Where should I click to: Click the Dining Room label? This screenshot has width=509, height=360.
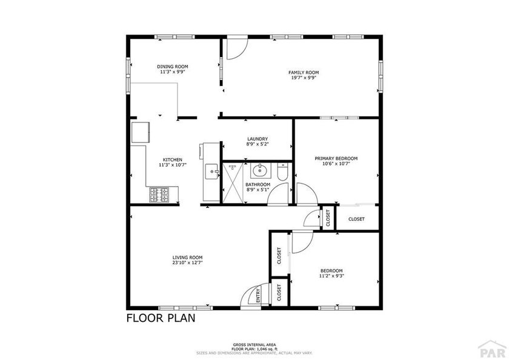pos(173,67)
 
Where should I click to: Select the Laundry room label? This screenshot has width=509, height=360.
pos(258,139)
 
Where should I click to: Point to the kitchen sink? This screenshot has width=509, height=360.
pos(212,172)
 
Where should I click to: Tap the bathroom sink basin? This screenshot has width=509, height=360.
pos(259,169)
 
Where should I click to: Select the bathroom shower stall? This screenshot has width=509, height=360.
pos(233,182)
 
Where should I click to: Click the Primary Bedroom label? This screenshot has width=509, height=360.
pos(336,159)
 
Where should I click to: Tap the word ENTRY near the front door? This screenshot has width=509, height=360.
pos(258,295)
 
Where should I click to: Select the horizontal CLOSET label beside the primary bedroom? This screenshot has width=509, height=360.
pos(357,219)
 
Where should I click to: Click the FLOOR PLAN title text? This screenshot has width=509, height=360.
pos(161,318)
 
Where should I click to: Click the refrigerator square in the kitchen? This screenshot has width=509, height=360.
pos(140,132)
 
